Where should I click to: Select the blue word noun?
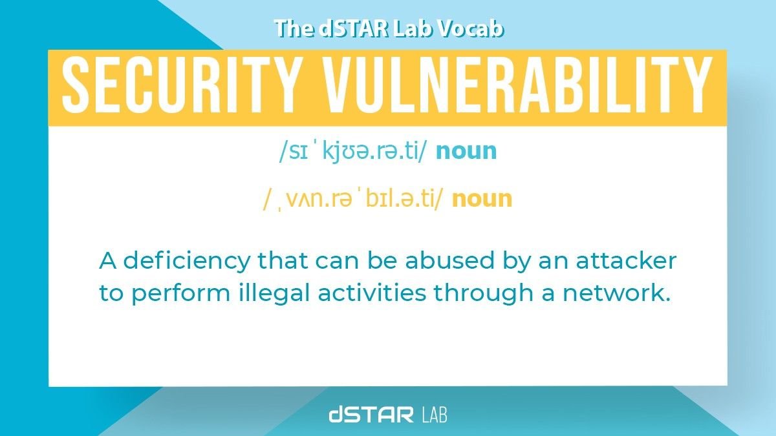tap(466, 151)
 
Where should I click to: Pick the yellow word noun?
tap(482, 198)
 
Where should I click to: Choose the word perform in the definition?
tap(173, 293)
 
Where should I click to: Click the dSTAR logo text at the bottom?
tap(371, 414)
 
